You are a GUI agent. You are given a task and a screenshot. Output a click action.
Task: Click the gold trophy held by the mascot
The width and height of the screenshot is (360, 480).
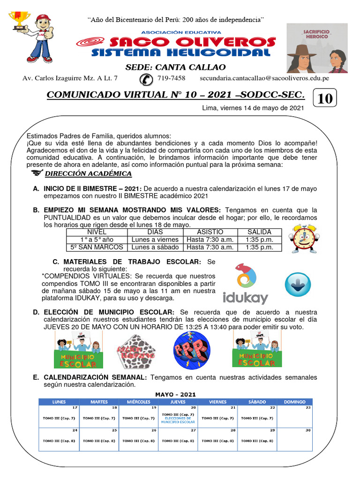[x=19, y=21]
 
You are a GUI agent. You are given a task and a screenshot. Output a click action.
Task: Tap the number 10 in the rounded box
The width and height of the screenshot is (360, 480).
[x=325, y=99]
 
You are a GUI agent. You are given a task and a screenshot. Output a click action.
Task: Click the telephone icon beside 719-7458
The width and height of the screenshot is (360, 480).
[x=146, y=79]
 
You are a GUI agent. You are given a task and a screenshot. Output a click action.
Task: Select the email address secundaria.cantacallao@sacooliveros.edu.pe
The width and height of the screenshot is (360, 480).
[x=264, y=78]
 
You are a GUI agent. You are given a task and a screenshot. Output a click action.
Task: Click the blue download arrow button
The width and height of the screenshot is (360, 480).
[x=298, y=284]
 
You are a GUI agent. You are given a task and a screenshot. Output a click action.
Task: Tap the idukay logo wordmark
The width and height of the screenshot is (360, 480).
[x=245, y=298]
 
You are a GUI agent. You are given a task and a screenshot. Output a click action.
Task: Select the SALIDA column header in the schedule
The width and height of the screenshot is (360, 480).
[x=259, y=232]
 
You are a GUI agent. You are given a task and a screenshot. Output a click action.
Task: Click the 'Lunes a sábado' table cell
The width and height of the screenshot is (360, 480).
[x=155, y=247]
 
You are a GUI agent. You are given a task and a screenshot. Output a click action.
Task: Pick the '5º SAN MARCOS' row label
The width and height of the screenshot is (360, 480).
[x=97, y=247]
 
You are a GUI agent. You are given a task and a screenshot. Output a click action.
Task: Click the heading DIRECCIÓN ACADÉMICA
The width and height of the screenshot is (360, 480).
[x=88, y=174]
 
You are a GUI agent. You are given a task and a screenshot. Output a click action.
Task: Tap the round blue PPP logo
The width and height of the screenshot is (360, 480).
[x=188, y=350]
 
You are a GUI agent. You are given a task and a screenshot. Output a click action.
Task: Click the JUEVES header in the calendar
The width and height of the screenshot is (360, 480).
[x=178, y=402]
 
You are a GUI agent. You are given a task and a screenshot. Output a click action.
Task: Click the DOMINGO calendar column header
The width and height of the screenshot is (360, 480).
[x=294, y=402]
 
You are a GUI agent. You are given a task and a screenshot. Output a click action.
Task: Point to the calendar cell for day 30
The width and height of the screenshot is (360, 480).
[x=294, y=439]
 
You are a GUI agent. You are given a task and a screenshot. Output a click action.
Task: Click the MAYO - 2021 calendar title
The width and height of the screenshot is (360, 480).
[x=175, y=394]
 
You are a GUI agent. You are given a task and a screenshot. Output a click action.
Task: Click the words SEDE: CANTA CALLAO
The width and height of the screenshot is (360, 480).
[x=175, y=67]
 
